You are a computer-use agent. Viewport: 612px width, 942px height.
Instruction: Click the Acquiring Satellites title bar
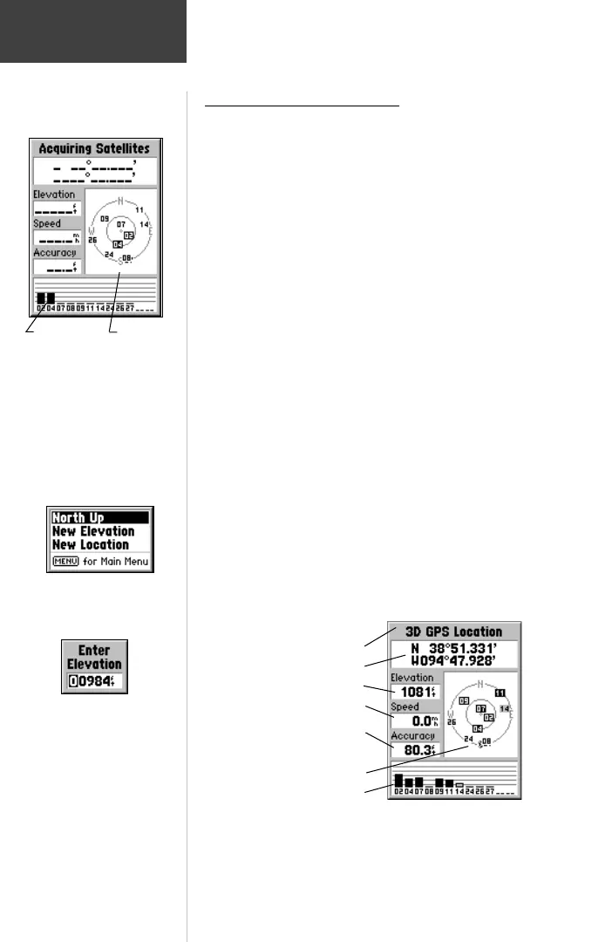pyautogui.click(x=95, y=148)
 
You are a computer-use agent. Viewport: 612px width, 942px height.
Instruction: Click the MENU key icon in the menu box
pyautogui.click(x=65, y=561)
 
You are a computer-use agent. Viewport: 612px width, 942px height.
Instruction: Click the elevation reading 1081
pyautogui.click(x=416, y=692)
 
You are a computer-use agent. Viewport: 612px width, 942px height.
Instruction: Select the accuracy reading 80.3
pyautogui.click(x=416, y=749)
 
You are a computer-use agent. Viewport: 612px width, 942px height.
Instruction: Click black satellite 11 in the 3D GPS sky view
pyautogui.click(x=500, y=693)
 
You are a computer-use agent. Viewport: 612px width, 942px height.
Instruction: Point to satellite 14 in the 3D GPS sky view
pyautogui.click(x=505, y=709)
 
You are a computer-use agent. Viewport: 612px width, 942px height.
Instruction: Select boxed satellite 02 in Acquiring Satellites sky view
pyautogui.click(x=129, y=235)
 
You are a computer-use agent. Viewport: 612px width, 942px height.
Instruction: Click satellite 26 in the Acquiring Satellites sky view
pyautogui.click(x=92, y=240)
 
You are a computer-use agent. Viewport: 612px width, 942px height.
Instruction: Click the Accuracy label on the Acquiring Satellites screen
pyautogui.click(x=55, y=252)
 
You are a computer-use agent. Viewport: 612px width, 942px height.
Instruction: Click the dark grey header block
pyautogui.click(x=92, y=31)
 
